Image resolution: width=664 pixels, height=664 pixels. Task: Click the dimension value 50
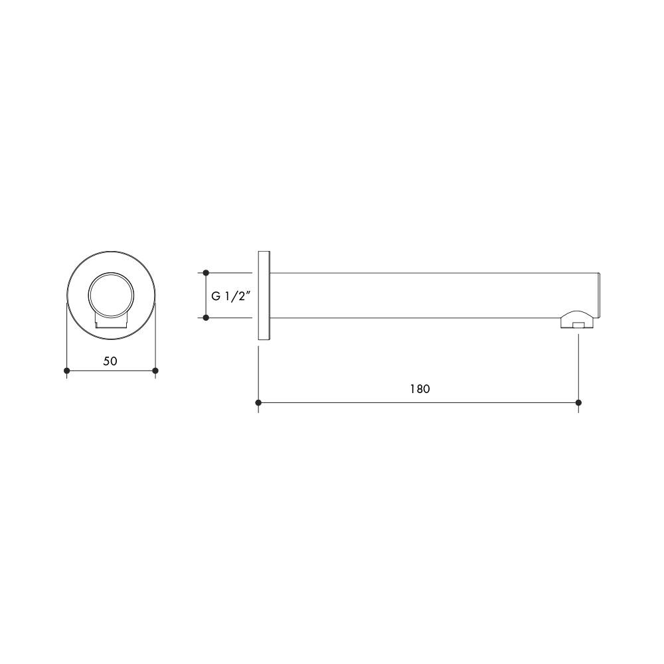[110, 361]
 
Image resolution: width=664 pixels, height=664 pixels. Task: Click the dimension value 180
[420, 389]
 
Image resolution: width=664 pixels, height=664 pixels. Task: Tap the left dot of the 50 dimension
[66, 371]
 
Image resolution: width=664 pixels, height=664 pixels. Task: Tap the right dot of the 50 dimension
[155, 371]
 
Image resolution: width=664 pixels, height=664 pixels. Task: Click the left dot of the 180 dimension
[258, 402]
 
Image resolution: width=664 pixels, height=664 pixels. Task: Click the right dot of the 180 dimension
[578, 402]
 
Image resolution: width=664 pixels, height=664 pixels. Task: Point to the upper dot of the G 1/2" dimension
[206, 273]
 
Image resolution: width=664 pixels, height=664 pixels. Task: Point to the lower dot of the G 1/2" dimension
[206, 317]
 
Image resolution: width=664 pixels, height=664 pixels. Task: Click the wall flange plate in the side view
[264, 295]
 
